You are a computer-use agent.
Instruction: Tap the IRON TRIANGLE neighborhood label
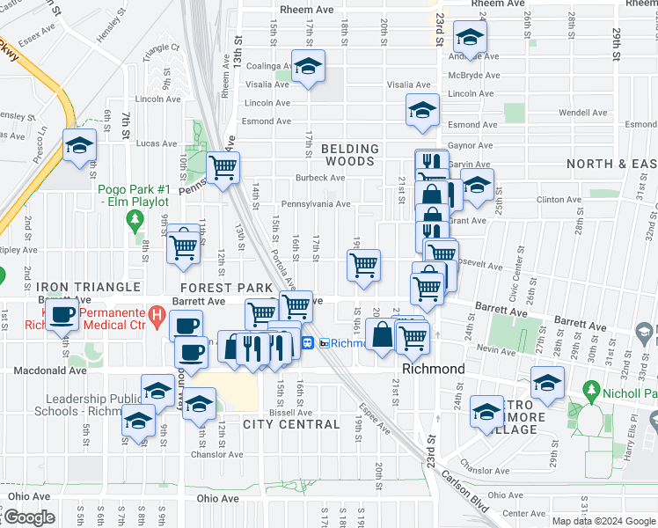click(x=88, y=288)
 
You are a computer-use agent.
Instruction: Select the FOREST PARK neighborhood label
click(x=226, y=288)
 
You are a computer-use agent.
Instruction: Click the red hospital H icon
click(x=157, y=314)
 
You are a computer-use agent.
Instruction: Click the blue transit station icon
click(x=309, y=343)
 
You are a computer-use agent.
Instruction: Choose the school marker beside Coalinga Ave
click(x=308, y=66)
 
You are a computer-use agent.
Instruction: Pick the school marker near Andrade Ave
click(x=470, y=38)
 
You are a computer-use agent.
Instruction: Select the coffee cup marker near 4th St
click(x=62, y=316)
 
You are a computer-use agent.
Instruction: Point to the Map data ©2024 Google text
click(x=603, y=521)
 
